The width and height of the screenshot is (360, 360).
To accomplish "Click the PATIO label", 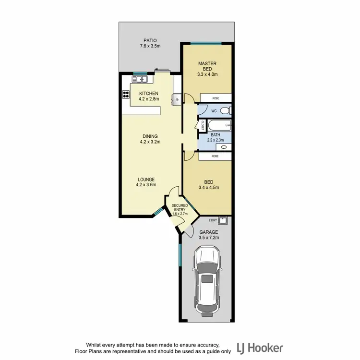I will point(149,41).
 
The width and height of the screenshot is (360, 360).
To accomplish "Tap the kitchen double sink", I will point(141,79).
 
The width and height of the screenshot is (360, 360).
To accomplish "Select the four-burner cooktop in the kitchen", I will point(126,94).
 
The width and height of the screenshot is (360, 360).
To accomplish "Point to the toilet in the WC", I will point(229,111).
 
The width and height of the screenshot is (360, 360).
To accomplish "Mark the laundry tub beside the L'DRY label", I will point(224,221).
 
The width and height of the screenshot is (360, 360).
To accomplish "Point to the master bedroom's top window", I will point(205,44).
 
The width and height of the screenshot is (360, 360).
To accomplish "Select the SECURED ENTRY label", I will point(180,208).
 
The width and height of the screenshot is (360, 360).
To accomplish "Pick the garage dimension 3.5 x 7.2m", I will point(209,238).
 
